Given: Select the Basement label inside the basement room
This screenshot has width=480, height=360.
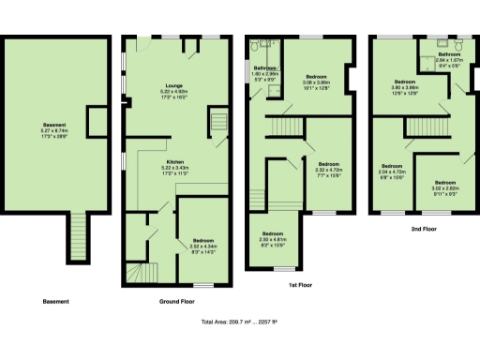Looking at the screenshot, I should tap(54, 126).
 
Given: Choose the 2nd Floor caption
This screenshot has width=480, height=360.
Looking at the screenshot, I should tap(423, 229).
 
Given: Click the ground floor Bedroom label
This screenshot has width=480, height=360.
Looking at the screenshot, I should tap(203, 240).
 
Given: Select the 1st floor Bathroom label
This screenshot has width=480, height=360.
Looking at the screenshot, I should tap(263, 68).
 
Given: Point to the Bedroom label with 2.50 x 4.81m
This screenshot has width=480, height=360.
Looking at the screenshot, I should tap(273, 233).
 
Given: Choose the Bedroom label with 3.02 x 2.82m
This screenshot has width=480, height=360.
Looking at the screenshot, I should tap(443, 182).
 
